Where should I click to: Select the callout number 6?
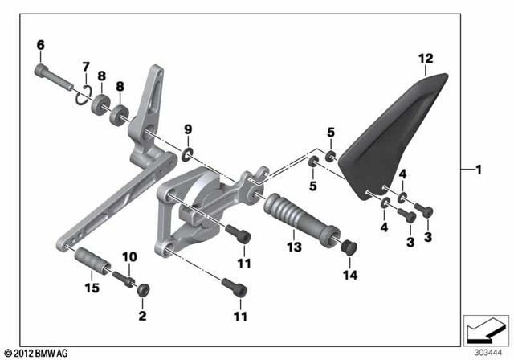pyautogui.click(x=40, y=45)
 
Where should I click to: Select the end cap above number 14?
pyautogui.click(x=349, y=247)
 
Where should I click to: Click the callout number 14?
pyautogui.click(x=349, y=275)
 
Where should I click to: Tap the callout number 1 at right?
pyautogui.click(x=479, y=170)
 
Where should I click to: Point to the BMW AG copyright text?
pyautogui.click(x=36, y=352)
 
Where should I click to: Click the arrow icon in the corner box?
pyautogui.click(x=486, y=329)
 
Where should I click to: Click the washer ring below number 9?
pyautogui.click(x=187, y=153)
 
